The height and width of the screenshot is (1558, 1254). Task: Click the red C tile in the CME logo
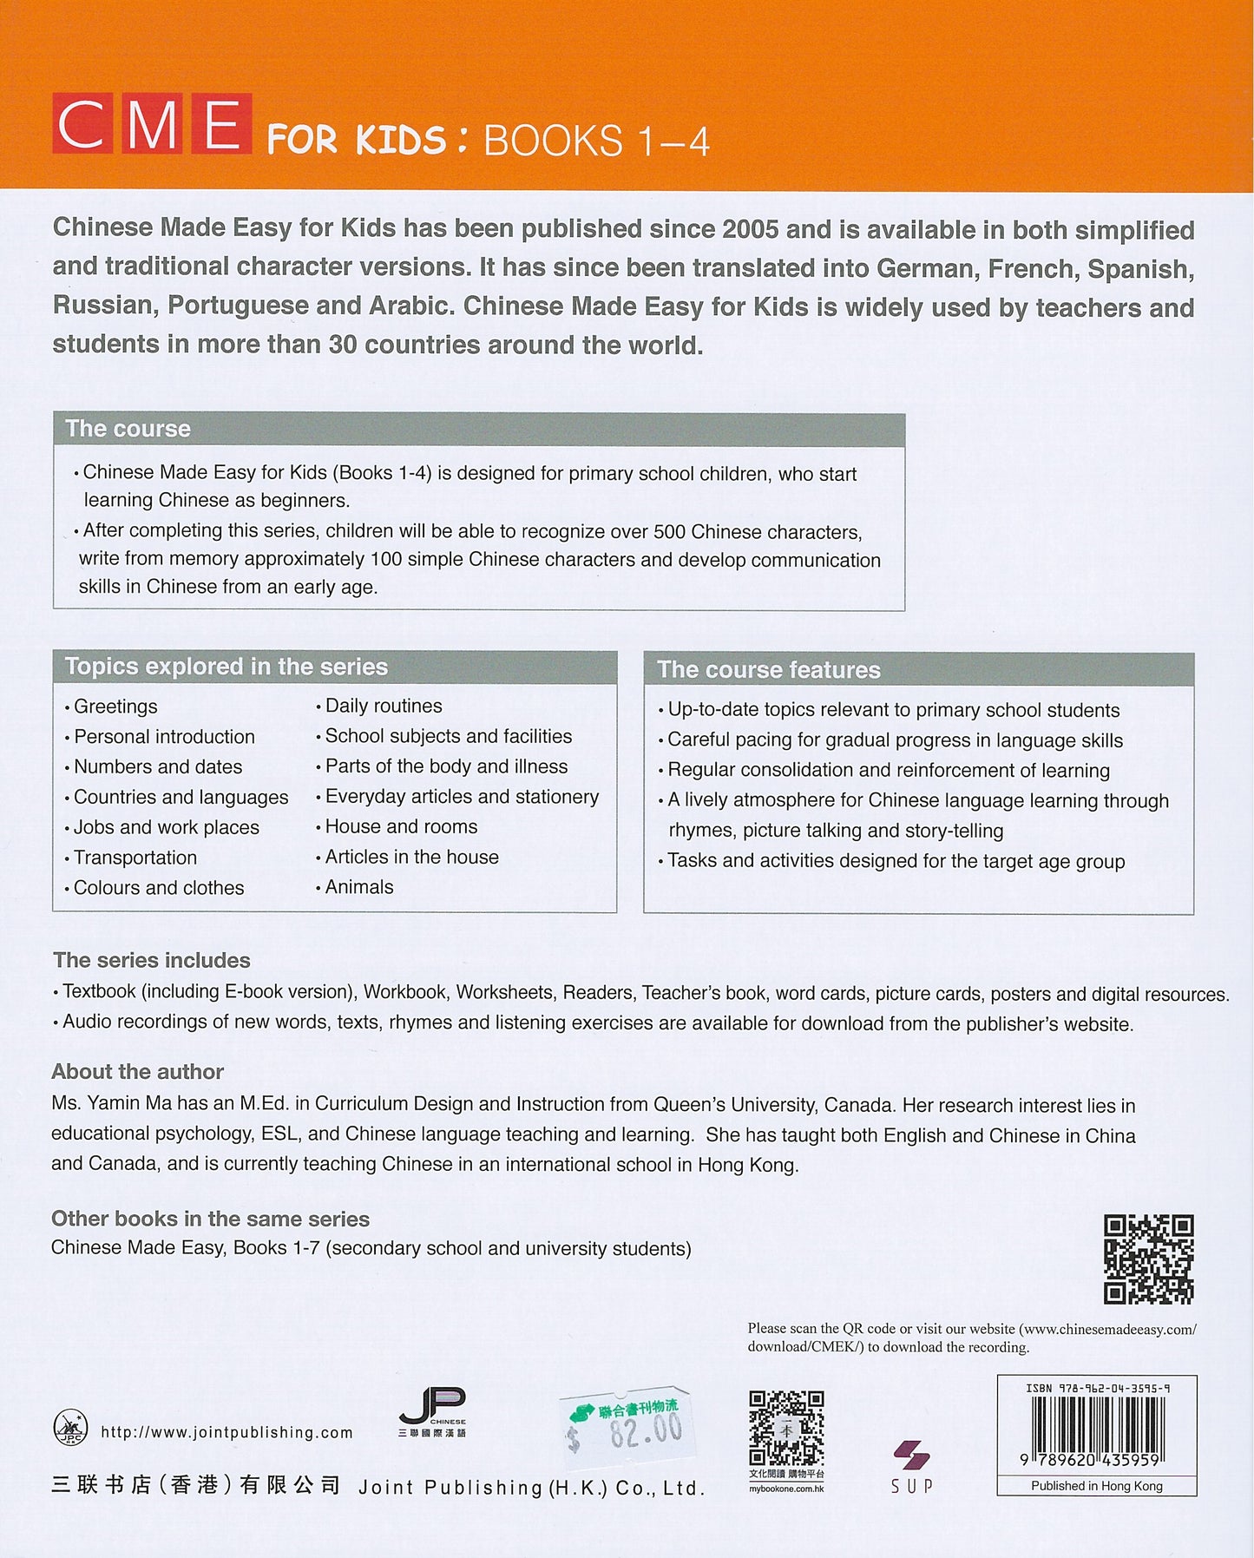[x=82, y=124]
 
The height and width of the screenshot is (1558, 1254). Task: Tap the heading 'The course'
[x=128, y=429]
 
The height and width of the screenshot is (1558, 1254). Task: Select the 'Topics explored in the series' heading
[x=226, y=667]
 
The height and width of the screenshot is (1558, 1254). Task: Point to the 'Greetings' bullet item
[x=115, y=707]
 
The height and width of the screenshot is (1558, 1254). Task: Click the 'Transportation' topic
[x=135, y=858]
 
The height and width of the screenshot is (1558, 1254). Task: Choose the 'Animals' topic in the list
[x=358, y=887]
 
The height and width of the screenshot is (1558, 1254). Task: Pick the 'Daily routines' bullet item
[x=383, y=706]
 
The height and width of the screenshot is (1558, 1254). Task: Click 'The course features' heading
[x=768, y=670]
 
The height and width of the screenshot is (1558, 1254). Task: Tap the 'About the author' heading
[x=137, y=1072]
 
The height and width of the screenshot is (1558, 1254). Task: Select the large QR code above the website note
[x=1148, y=1259]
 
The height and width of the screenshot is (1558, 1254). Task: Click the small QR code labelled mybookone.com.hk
[x=786, y=1429]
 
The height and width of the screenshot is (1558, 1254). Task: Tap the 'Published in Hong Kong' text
[x=1096, y=1486]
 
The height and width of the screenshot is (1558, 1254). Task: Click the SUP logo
[x=912, y=1466]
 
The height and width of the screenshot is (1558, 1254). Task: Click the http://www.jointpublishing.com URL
[x=227, y=1432]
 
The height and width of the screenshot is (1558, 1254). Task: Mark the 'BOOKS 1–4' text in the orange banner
[x=596, y=141]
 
